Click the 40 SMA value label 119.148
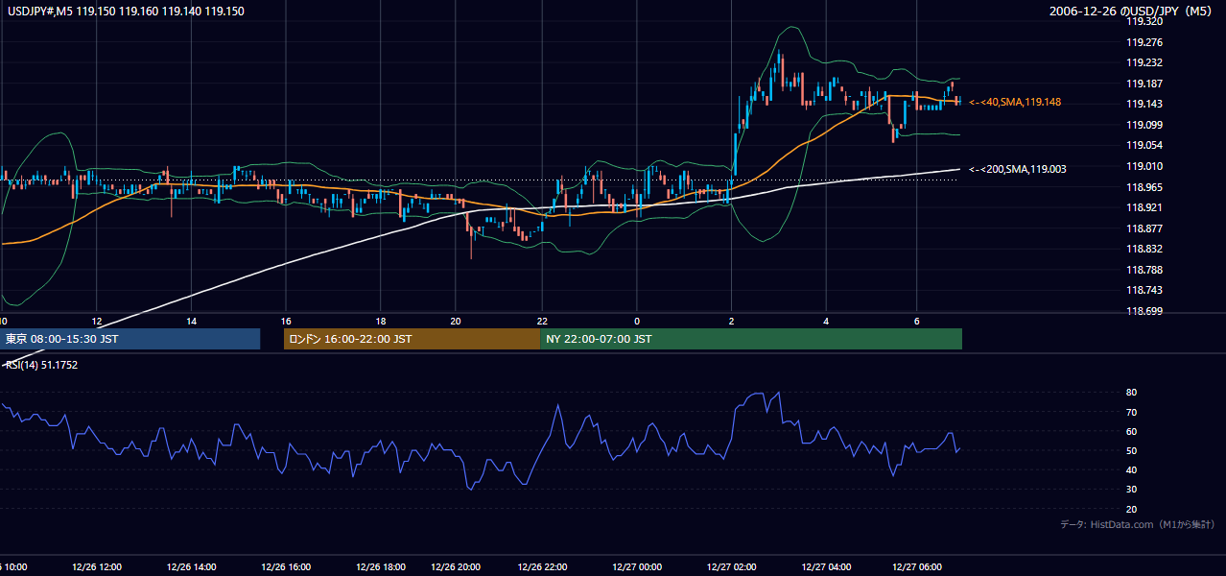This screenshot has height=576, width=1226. coord(1015,102)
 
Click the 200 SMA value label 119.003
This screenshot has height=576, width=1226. coord(1018,169)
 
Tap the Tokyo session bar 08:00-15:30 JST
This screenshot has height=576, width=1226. coord(130,339)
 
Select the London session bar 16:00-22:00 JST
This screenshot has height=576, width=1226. coord(412,339)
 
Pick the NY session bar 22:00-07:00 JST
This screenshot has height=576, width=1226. coord(751,339)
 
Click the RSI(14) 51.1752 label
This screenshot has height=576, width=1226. coord(41,365)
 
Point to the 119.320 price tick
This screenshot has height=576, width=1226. coord(1144,22)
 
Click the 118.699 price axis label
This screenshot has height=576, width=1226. coord(1144,311)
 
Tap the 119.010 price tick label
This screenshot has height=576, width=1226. coord(1144,166)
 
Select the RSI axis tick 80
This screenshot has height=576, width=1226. coord(1131,392)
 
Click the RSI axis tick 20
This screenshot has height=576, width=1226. coord(1131,509)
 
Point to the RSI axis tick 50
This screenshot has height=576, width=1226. coord(1131,450)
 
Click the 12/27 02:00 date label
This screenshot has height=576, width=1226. coord(731,567)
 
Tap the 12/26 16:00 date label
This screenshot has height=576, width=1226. coord(286,567)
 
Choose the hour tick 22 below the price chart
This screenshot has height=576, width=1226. coord(542,322)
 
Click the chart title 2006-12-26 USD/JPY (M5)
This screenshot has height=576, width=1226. coord(1131,12)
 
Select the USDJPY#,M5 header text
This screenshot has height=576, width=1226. coord(40,12)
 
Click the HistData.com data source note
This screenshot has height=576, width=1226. coord(1137,524)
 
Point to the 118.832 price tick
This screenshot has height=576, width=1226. coord(1144,249)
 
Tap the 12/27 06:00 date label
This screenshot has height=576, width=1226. coord(917,567)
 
